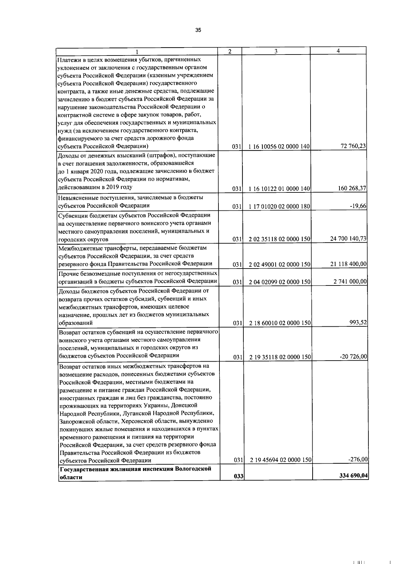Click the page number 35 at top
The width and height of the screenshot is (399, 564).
point(198,30)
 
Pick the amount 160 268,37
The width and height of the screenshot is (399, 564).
point(352,188)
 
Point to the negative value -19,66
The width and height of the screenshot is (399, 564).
point(359,206)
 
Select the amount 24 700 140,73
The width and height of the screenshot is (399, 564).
point(348,239)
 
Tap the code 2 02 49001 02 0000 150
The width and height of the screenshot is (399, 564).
point(279,265)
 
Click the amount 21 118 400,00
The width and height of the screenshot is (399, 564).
point(348,264)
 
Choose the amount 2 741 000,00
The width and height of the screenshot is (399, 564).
point(350,282)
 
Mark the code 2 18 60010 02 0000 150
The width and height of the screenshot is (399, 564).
point(279,323)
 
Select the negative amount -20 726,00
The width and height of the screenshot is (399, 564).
point(353,357)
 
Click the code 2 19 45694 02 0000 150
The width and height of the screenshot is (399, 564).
point(280,460)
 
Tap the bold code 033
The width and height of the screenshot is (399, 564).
point(238,477)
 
